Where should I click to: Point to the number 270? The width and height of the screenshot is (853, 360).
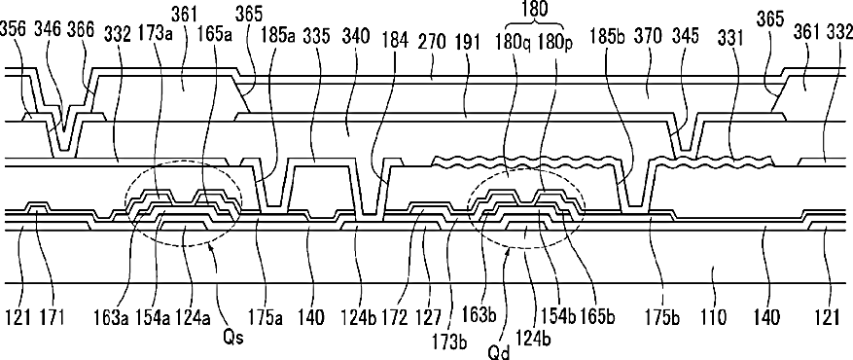click(433, 39)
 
